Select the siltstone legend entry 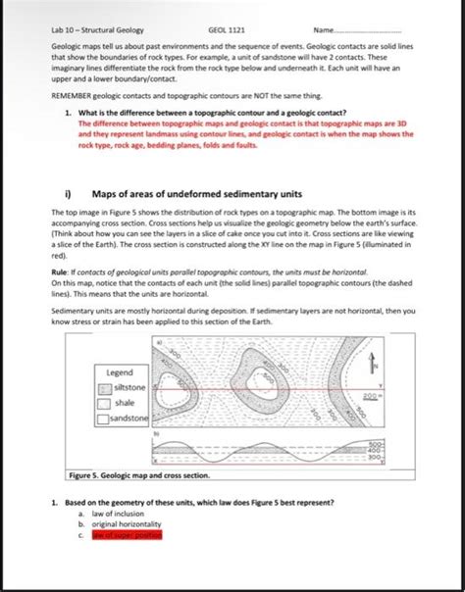[x=129, y=388]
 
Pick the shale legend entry [x=125, y=403]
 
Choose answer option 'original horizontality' [x=129, y=523]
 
